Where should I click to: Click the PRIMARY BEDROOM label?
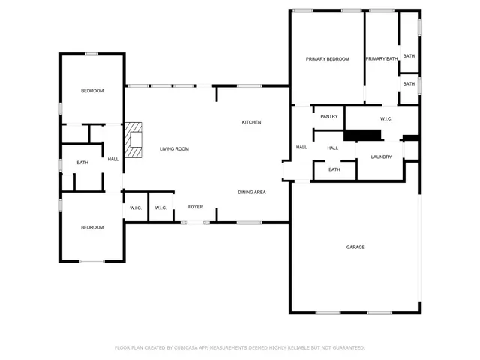tap(327, 58)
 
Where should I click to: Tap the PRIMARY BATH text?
tap(381, 58)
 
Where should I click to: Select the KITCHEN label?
tap(251, 122)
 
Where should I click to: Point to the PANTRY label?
tap(329, 116)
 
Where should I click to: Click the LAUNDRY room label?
tap(381, 157)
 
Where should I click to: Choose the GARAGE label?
tap(355, 247)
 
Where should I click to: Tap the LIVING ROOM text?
tap(174, 148)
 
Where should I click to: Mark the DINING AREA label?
tap(252, 192)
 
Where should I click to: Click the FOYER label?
tap(196, 207)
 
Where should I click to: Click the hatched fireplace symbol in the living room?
tap(133, 140)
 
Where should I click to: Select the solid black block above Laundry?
tap(363, 135)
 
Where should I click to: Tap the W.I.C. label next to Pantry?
tap(387, 118)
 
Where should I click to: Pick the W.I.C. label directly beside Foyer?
tap(160, 208)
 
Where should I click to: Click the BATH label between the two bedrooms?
tap(82, 163)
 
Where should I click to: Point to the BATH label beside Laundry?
tap(334, 169)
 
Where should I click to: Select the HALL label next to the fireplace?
tap(112, 159)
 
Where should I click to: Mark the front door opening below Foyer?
tap(196, 222)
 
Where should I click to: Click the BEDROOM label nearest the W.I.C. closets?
tap(92, 227)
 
